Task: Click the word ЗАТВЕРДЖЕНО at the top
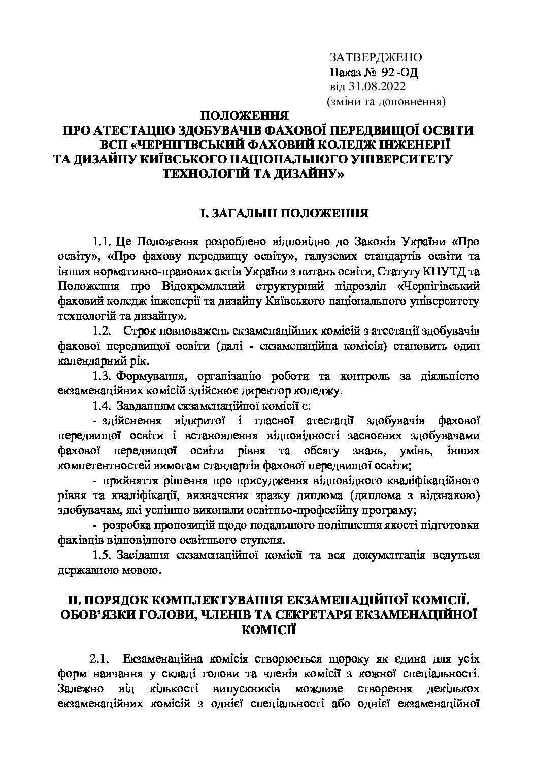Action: (x=376, y=57)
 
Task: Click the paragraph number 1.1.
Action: (x=103, y=240)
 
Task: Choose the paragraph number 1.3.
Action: (x=103, y=376)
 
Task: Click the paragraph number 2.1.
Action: (x=100, y=659)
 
